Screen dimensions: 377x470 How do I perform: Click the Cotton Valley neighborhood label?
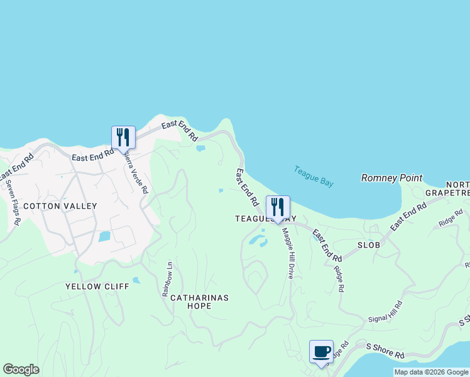pos(60,206)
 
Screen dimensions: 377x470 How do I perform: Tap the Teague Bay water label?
pos(314,176)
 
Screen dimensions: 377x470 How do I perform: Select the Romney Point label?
pos(391,178)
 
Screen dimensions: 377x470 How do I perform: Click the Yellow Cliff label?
pos(97,287)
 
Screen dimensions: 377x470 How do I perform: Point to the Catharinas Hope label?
pos(199,302)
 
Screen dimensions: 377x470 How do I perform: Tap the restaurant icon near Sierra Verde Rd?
pos(123,138)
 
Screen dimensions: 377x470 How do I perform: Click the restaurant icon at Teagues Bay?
pos(277,207)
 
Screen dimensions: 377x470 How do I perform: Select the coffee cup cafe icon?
pos(321,352)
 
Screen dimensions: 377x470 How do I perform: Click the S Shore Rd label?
pos(385,351)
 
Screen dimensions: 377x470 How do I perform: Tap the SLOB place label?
pos(369,245)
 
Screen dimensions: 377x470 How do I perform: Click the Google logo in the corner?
pos(21,369)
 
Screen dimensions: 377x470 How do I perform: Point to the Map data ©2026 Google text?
pos(430,372)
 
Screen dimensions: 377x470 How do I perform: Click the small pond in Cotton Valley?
pos(104,237)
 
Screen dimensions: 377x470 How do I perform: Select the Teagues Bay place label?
pos(265,219)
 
